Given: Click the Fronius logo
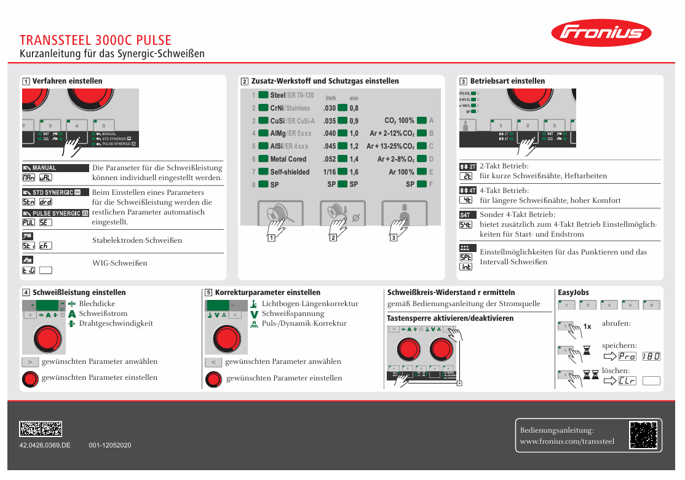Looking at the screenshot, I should (601, 33).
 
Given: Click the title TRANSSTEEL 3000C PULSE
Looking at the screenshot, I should (95, 41).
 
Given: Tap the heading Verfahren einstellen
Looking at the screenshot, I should (67, 81).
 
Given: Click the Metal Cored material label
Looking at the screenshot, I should (288, 159).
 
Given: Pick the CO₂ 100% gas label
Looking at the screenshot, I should (399, 120).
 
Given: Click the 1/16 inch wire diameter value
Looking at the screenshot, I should (330, 172).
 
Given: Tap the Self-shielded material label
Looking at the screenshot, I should (290, 172).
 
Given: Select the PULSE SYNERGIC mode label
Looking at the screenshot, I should (55, 213).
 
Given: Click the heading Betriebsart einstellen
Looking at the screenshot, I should (507, 81).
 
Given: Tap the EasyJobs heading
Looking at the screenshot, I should (573, 293).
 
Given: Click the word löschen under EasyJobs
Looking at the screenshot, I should (616, 371).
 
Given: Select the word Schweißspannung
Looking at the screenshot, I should (293, 313).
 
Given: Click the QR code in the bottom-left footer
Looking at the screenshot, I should (41, 429).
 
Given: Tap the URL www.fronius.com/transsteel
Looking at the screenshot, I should (567, 441).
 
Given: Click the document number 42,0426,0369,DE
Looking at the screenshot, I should (45, 445).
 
